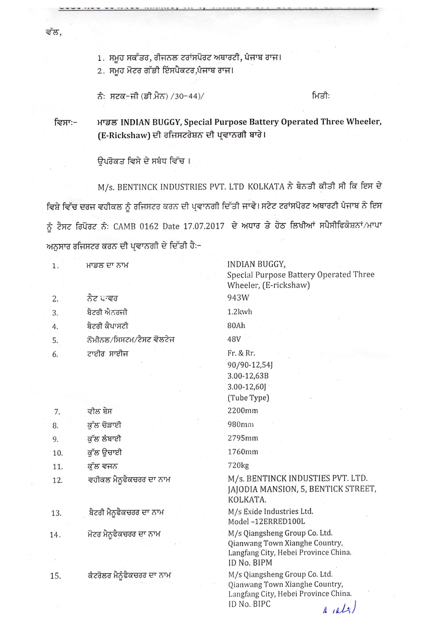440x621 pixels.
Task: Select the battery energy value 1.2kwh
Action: (240, 312)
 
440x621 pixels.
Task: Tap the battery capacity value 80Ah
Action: (236, 326)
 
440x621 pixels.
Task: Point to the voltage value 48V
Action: (234, 339)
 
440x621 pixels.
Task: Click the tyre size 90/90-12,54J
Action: (250, 365)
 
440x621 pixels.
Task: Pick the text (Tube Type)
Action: (248, 398)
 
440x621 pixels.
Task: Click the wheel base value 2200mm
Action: (243, 411)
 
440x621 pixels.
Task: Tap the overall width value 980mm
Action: (241, 425)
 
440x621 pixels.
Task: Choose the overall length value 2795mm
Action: (243, 438)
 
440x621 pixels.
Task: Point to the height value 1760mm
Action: (243, 452)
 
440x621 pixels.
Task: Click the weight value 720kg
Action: (238, 465)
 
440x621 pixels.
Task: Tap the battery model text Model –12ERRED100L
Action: (267, 522)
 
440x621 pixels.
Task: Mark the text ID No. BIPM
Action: (250, 563)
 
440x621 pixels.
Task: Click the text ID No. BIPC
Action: (249, 604)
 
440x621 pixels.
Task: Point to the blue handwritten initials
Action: (340, 608)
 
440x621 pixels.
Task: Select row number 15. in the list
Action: (55, 576)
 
